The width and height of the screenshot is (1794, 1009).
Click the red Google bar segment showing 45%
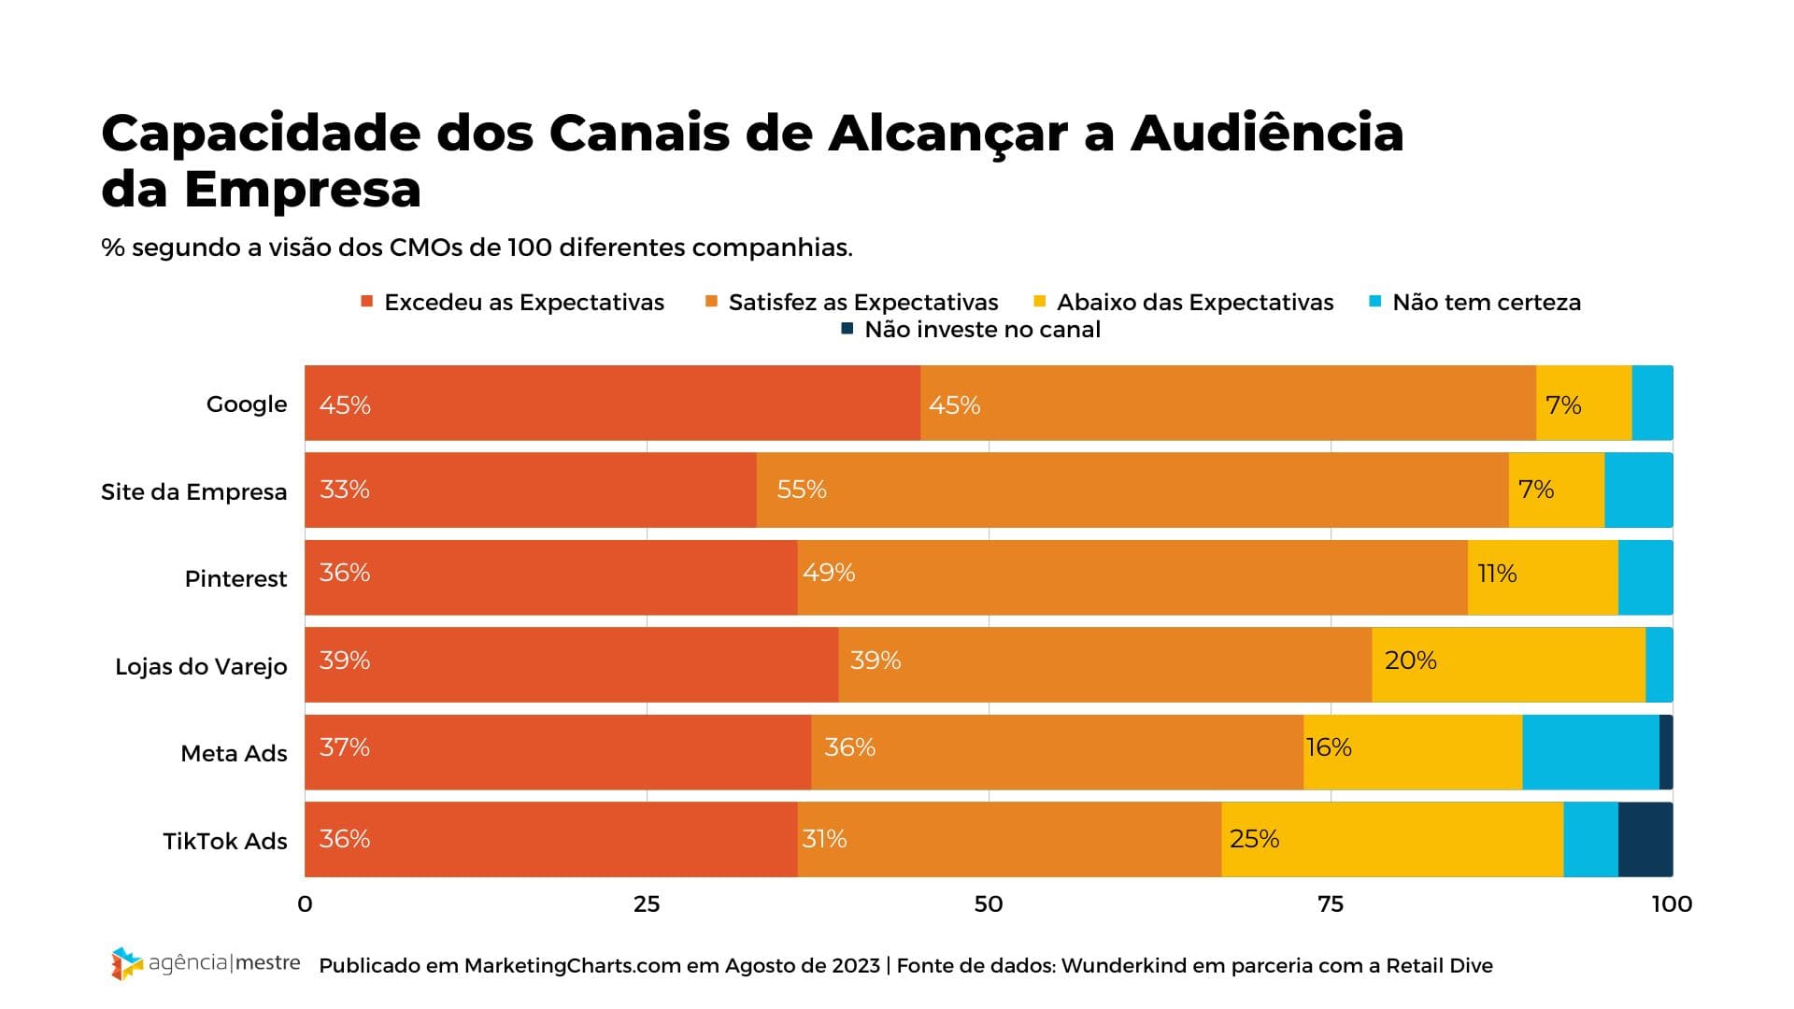[x=612, y=403]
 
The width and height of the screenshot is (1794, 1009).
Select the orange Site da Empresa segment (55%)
[x=1132, y=490]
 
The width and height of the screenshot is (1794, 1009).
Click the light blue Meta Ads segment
[x=1590, y=752]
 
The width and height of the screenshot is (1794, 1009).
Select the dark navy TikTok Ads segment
[x=1645, y=839]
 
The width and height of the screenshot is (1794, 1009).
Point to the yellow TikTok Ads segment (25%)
[x=1392, y=839]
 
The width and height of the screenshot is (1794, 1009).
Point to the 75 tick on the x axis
[x=1330, y=904]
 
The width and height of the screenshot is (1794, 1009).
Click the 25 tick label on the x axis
[x=647, y=904]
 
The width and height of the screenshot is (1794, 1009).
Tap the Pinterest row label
[x=235, y=579]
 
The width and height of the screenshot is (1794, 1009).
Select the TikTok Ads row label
[x=225, y=842]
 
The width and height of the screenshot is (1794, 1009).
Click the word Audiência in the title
[x=1267, y=133]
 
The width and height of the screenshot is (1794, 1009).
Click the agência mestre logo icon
[x=126, y=963]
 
